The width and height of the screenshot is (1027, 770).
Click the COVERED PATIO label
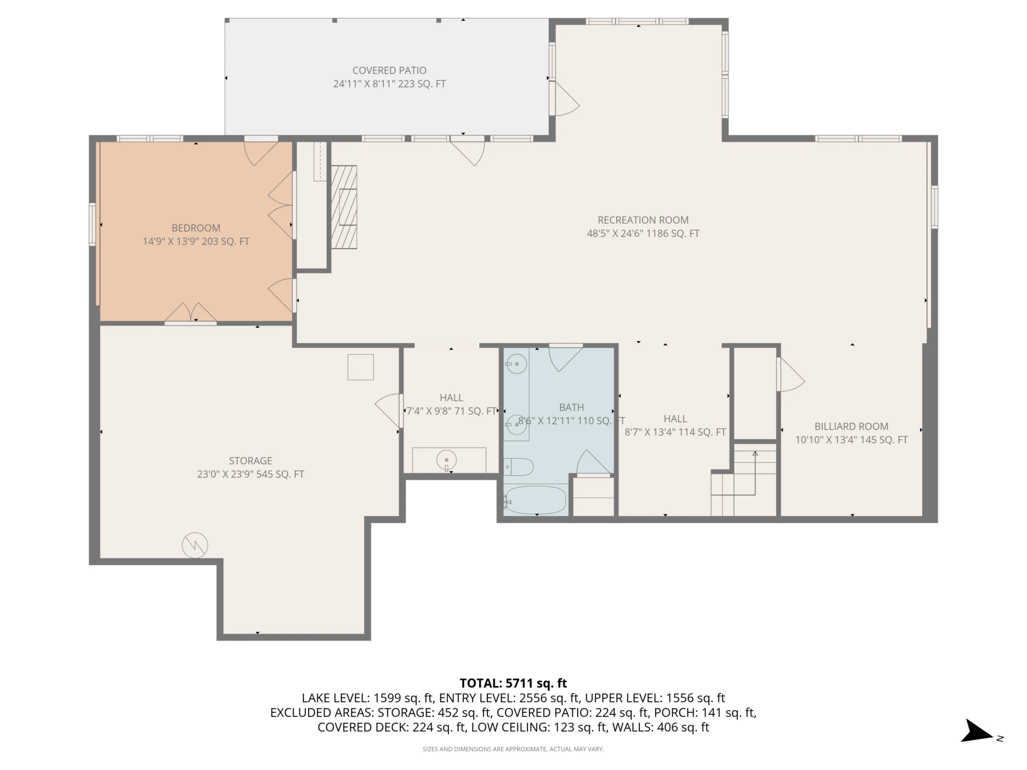(x=389, y=71)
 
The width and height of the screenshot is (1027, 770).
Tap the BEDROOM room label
(x=196, y=228)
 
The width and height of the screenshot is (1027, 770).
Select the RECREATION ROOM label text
(x=643, y=220)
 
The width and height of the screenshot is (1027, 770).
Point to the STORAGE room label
(x=250, y=461)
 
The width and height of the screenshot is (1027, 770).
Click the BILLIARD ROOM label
(x=851, y=427)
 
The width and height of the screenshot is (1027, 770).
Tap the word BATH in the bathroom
(x=571, y=407)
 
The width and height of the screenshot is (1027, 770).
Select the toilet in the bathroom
(x=518, y=467)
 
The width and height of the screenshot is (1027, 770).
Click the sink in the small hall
(x=446, y=460)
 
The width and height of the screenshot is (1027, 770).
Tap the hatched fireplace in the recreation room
(x=344, y=207)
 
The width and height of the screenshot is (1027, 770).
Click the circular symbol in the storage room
(x=195, y=545)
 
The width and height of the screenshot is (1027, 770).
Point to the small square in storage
(x=361, y=367)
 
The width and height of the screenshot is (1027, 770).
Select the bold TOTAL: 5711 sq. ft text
(x=513, y=683)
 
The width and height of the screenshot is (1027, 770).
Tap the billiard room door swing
(x=791, y=374)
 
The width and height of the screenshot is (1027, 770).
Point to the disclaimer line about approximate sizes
(x=513, y=749)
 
